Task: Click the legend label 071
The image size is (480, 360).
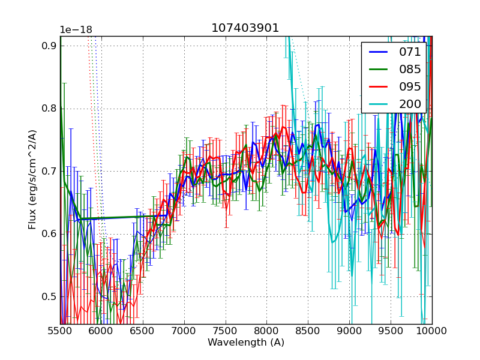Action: click(410, 52)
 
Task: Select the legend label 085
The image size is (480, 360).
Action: click(410, 70)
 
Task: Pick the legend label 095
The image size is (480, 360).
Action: click(410, 86)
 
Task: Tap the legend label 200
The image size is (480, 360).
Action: click(410, 104)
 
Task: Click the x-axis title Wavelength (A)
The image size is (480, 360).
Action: click(246, 343)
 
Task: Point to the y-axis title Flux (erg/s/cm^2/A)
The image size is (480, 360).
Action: click(32, 179)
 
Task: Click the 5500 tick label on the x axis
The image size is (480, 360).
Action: click(60, 331)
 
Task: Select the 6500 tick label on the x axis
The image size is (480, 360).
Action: click(143, 331)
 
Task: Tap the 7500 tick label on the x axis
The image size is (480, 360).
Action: click(226, 331)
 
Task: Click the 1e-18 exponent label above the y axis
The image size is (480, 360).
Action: click(76, 30)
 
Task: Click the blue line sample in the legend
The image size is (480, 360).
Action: click(378, 52)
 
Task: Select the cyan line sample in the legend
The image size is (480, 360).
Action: click(378, 104)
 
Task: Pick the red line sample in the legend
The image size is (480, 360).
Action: click(378, 86)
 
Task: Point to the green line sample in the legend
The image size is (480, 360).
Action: click(378, 70)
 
